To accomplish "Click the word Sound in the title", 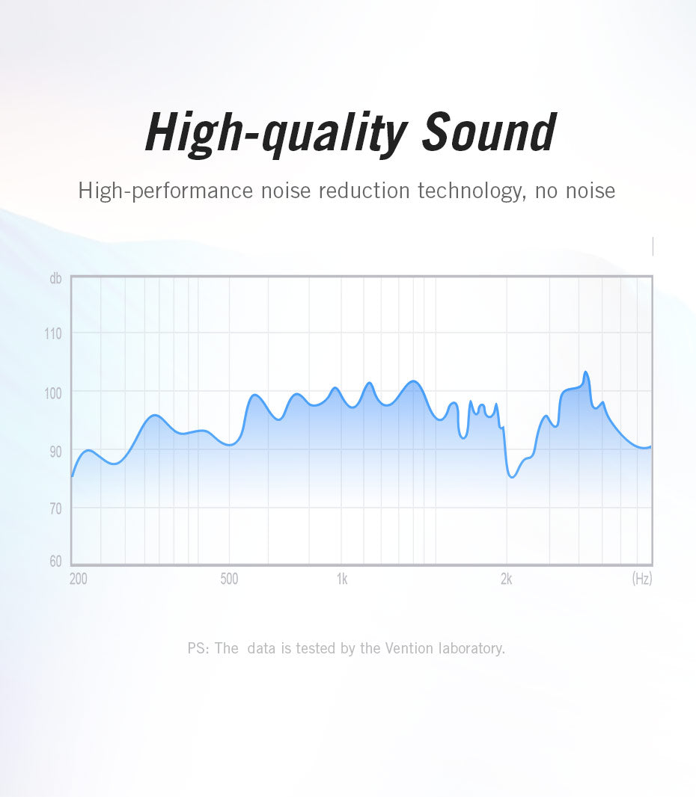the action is (x=489, y=132).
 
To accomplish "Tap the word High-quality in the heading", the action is (x=276, y=134).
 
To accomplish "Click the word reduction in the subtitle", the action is (x=364, y=191).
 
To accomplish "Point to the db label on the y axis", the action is (x=55, y=278).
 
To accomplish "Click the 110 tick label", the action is (x=53, y=333).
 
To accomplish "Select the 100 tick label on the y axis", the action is (x=53, y=393).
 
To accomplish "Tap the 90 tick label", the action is (x=55, y=451).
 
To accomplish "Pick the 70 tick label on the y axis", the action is (x=55, y=508).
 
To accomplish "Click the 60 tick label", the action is (x=55, y=561).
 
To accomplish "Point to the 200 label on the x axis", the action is (x=79, y=579).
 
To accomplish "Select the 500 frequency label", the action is (x=229, y=579).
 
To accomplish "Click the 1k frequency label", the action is (x=342, y=579).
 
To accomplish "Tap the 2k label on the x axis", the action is (x=506, y=579).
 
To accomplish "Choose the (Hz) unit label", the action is (x=642, y=579).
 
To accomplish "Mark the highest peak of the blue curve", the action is (x=585, y=372).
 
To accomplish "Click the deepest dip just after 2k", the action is (x=512, y=477).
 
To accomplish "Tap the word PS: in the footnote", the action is (x=198, y=648).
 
